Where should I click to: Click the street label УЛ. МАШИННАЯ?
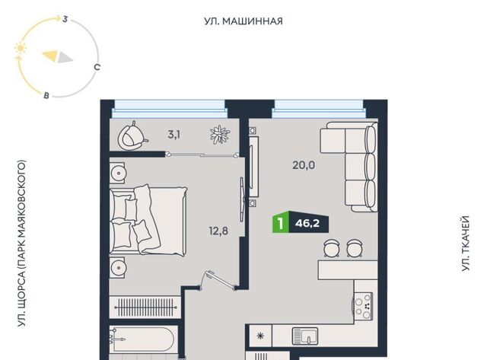[243, 21]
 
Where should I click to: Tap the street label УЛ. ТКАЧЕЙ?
[465, 244]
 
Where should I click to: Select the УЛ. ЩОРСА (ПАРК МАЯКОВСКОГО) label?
[21, 244]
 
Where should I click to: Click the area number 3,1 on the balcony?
[174, 135]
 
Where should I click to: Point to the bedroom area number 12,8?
[218, 231]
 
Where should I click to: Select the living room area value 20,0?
[304, 165]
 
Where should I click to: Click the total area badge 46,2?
[307, 223]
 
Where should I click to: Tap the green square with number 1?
[281, 223]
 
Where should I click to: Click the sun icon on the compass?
[21, 48]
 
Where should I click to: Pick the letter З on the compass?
[65, 19]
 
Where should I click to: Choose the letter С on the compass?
[97, 67]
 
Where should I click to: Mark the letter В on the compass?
[46, 95]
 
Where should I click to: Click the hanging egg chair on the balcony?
[132, 136]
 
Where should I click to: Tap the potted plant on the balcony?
[220, 135]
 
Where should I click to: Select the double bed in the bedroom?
[148, 220]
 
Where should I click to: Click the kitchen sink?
[304, 336]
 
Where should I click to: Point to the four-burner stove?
[364, 306]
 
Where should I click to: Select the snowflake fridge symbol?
[260, 336]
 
